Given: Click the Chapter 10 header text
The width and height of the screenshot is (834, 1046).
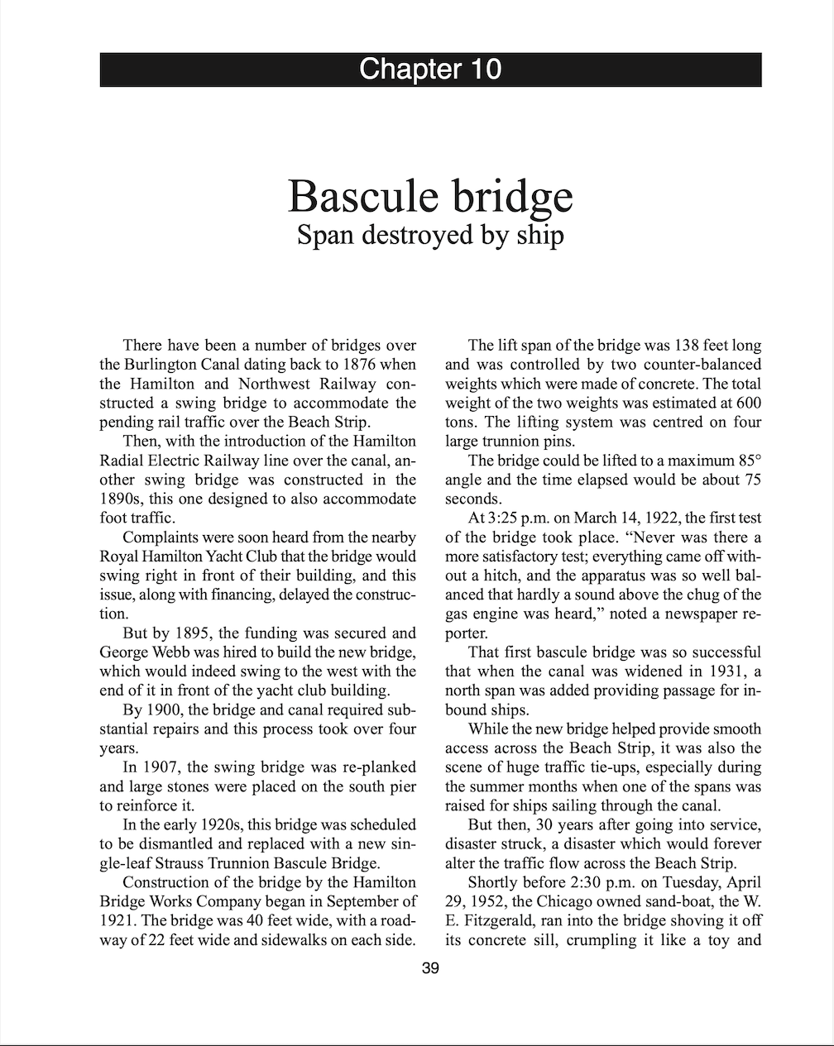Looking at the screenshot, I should [x=430, y=69].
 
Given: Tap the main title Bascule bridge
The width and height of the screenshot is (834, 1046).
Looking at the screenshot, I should [x=430, y=196].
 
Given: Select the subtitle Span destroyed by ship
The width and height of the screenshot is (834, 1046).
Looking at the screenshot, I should [x=430, y=235].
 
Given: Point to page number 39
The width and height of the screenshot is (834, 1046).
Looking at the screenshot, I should [x=430, y=968].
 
